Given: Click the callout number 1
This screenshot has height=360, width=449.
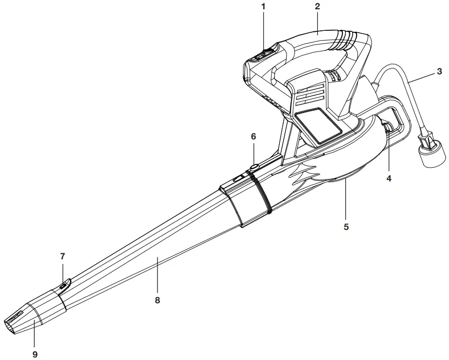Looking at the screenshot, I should point(263,8).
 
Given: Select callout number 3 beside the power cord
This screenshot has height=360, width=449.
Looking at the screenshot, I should point(439,72).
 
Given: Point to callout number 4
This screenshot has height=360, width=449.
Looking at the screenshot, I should point(389,179).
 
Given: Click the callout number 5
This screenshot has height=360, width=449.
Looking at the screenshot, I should point(346,227).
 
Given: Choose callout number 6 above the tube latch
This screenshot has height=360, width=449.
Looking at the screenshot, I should point(253,136).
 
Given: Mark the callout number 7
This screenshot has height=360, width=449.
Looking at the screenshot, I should point(62,256).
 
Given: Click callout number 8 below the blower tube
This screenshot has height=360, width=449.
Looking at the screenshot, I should point(157,300).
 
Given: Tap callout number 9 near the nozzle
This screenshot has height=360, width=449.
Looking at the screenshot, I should point(35,354).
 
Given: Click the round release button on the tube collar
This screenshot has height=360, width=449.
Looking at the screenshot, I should point(254,168).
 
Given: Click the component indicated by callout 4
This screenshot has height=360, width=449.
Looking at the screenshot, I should point(387,129).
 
